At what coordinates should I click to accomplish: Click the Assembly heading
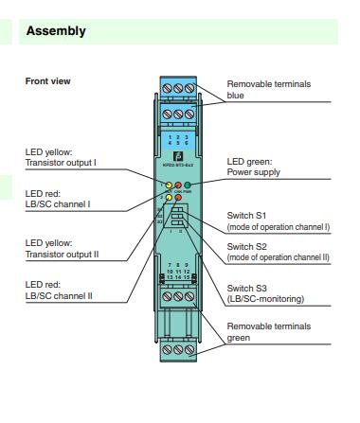click(x=56, y=31)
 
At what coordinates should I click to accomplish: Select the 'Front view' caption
click(x=48, y=81)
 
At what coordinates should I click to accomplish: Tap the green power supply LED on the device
click(x=189, y=186)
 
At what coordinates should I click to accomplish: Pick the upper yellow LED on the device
click(x=167, y=186)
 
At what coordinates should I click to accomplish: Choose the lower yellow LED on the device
click(x=167, y=199)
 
